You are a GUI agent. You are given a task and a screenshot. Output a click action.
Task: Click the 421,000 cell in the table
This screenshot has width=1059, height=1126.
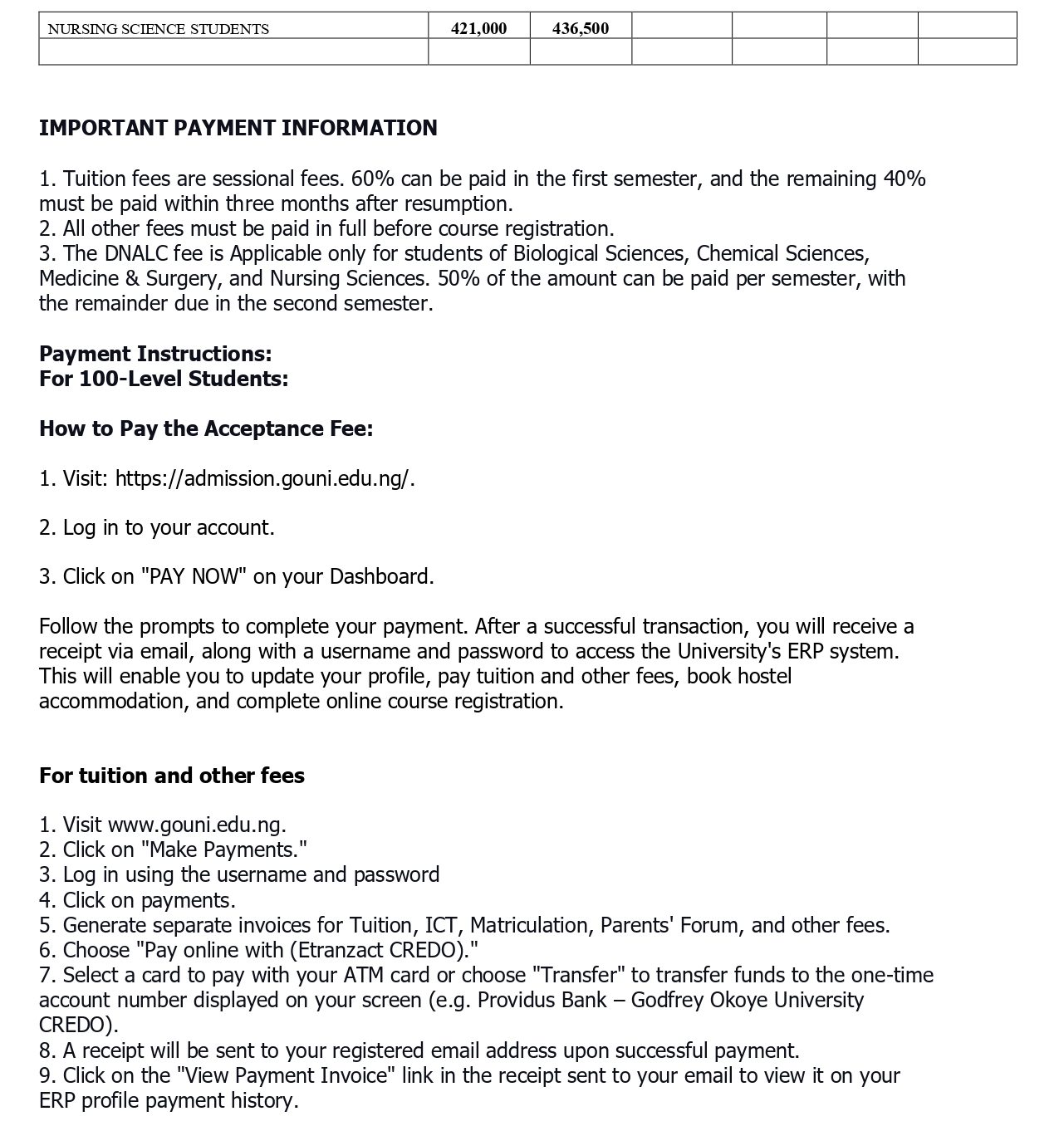point(478,28)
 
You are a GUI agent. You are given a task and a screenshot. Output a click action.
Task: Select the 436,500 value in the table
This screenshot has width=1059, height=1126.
point(581,28)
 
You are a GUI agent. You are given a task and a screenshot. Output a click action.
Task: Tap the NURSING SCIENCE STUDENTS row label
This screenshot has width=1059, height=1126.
point(158,29)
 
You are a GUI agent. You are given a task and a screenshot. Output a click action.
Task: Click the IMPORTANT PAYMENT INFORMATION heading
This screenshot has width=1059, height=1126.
point(238,128)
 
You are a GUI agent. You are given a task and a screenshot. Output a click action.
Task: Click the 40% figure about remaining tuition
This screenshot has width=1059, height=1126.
point(905,179)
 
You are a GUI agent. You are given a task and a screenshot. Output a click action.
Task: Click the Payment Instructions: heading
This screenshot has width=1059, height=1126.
point(155,354)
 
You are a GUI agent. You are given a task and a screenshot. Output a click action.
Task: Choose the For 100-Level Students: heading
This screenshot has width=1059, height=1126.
point(164,379)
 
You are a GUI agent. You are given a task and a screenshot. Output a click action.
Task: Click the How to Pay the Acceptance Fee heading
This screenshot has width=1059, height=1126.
point(206,428)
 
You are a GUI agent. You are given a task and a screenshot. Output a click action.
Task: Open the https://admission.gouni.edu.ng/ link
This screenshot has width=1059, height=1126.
point(263,478)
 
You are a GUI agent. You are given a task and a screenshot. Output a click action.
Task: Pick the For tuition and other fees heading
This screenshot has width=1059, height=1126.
point(172,776)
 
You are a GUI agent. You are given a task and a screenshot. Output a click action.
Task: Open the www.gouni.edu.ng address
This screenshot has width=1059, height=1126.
point(197,825)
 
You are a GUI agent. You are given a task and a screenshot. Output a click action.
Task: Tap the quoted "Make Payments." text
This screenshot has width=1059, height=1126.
point(224,849)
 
